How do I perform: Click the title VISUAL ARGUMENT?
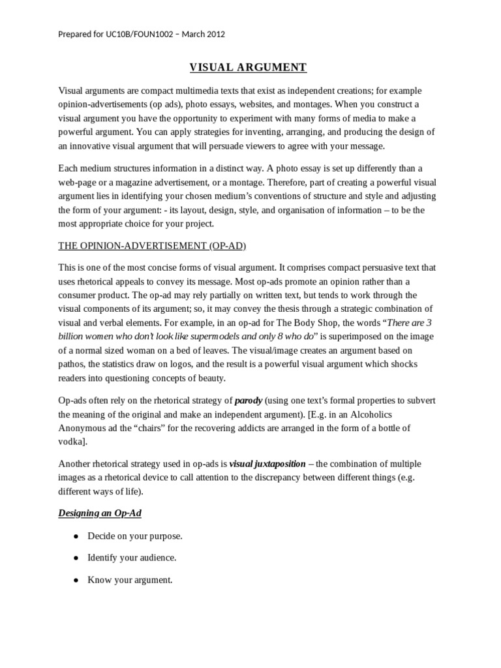pos(248,67)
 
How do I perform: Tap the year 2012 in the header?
pos(214,34)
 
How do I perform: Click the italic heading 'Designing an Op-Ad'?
pos(100,513)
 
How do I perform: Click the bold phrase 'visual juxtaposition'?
pos(267,464)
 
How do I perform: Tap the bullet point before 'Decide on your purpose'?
pos(76,536)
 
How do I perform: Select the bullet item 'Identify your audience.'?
pos(132,558)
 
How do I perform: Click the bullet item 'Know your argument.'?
pos(130,579)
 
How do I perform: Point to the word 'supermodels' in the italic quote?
pos(213,337)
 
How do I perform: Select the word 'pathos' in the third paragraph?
pos(72,363)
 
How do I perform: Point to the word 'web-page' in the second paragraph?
pos(76,183)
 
